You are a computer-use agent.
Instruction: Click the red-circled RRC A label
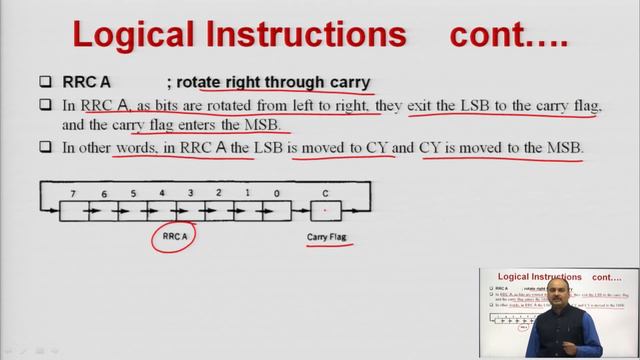click(173, 237)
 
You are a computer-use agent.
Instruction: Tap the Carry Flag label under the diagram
click(326, 237)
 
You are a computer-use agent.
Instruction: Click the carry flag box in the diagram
click(324, 211)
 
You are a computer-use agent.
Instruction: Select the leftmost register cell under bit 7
click(73, 211)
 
